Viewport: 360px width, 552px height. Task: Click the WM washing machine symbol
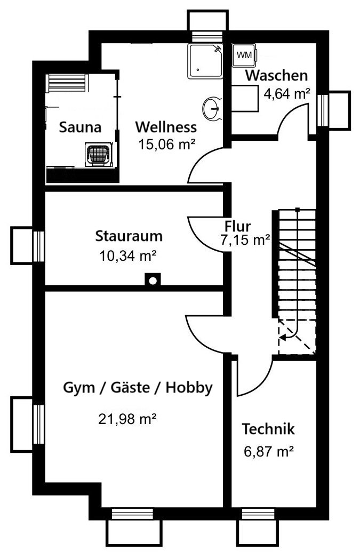click(x=245, y=55)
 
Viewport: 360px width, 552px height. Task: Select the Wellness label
click(x=166, y=127)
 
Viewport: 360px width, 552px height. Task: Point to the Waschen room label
click(x=276, y=75)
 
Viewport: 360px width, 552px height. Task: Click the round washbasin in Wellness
click(x=212, y=108)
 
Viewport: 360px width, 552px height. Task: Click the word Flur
click(x=238, y=226)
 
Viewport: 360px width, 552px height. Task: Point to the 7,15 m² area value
click(x=245, y=240)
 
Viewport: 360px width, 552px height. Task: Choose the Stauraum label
click(x=129, y=236)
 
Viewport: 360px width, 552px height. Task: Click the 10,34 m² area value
click(x=128, y=255)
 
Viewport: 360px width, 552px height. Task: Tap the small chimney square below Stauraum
click(x=153, y=279)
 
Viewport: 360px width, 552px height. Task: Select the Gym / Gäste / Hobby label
click(x=138, y=388)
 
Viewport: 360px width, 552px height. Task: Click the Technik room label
click(x=268, y=429)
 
